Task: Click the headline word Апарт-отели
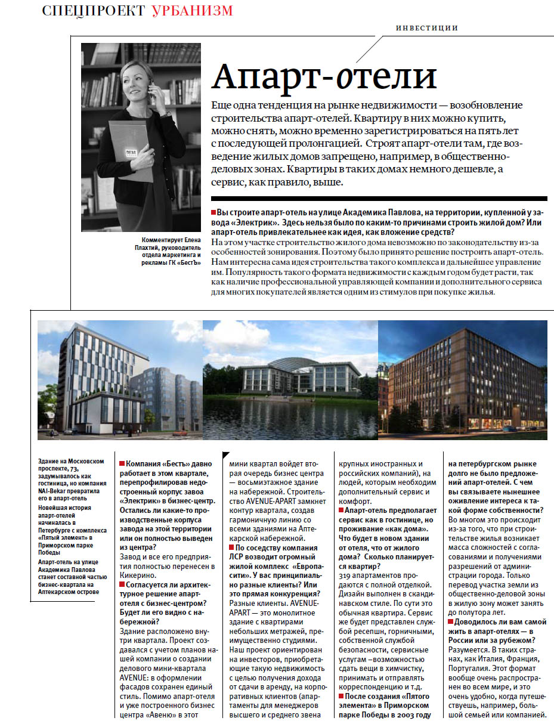324,76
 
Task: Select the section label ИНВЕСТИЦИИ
427,27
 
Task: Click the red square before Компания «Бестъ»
122,464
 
